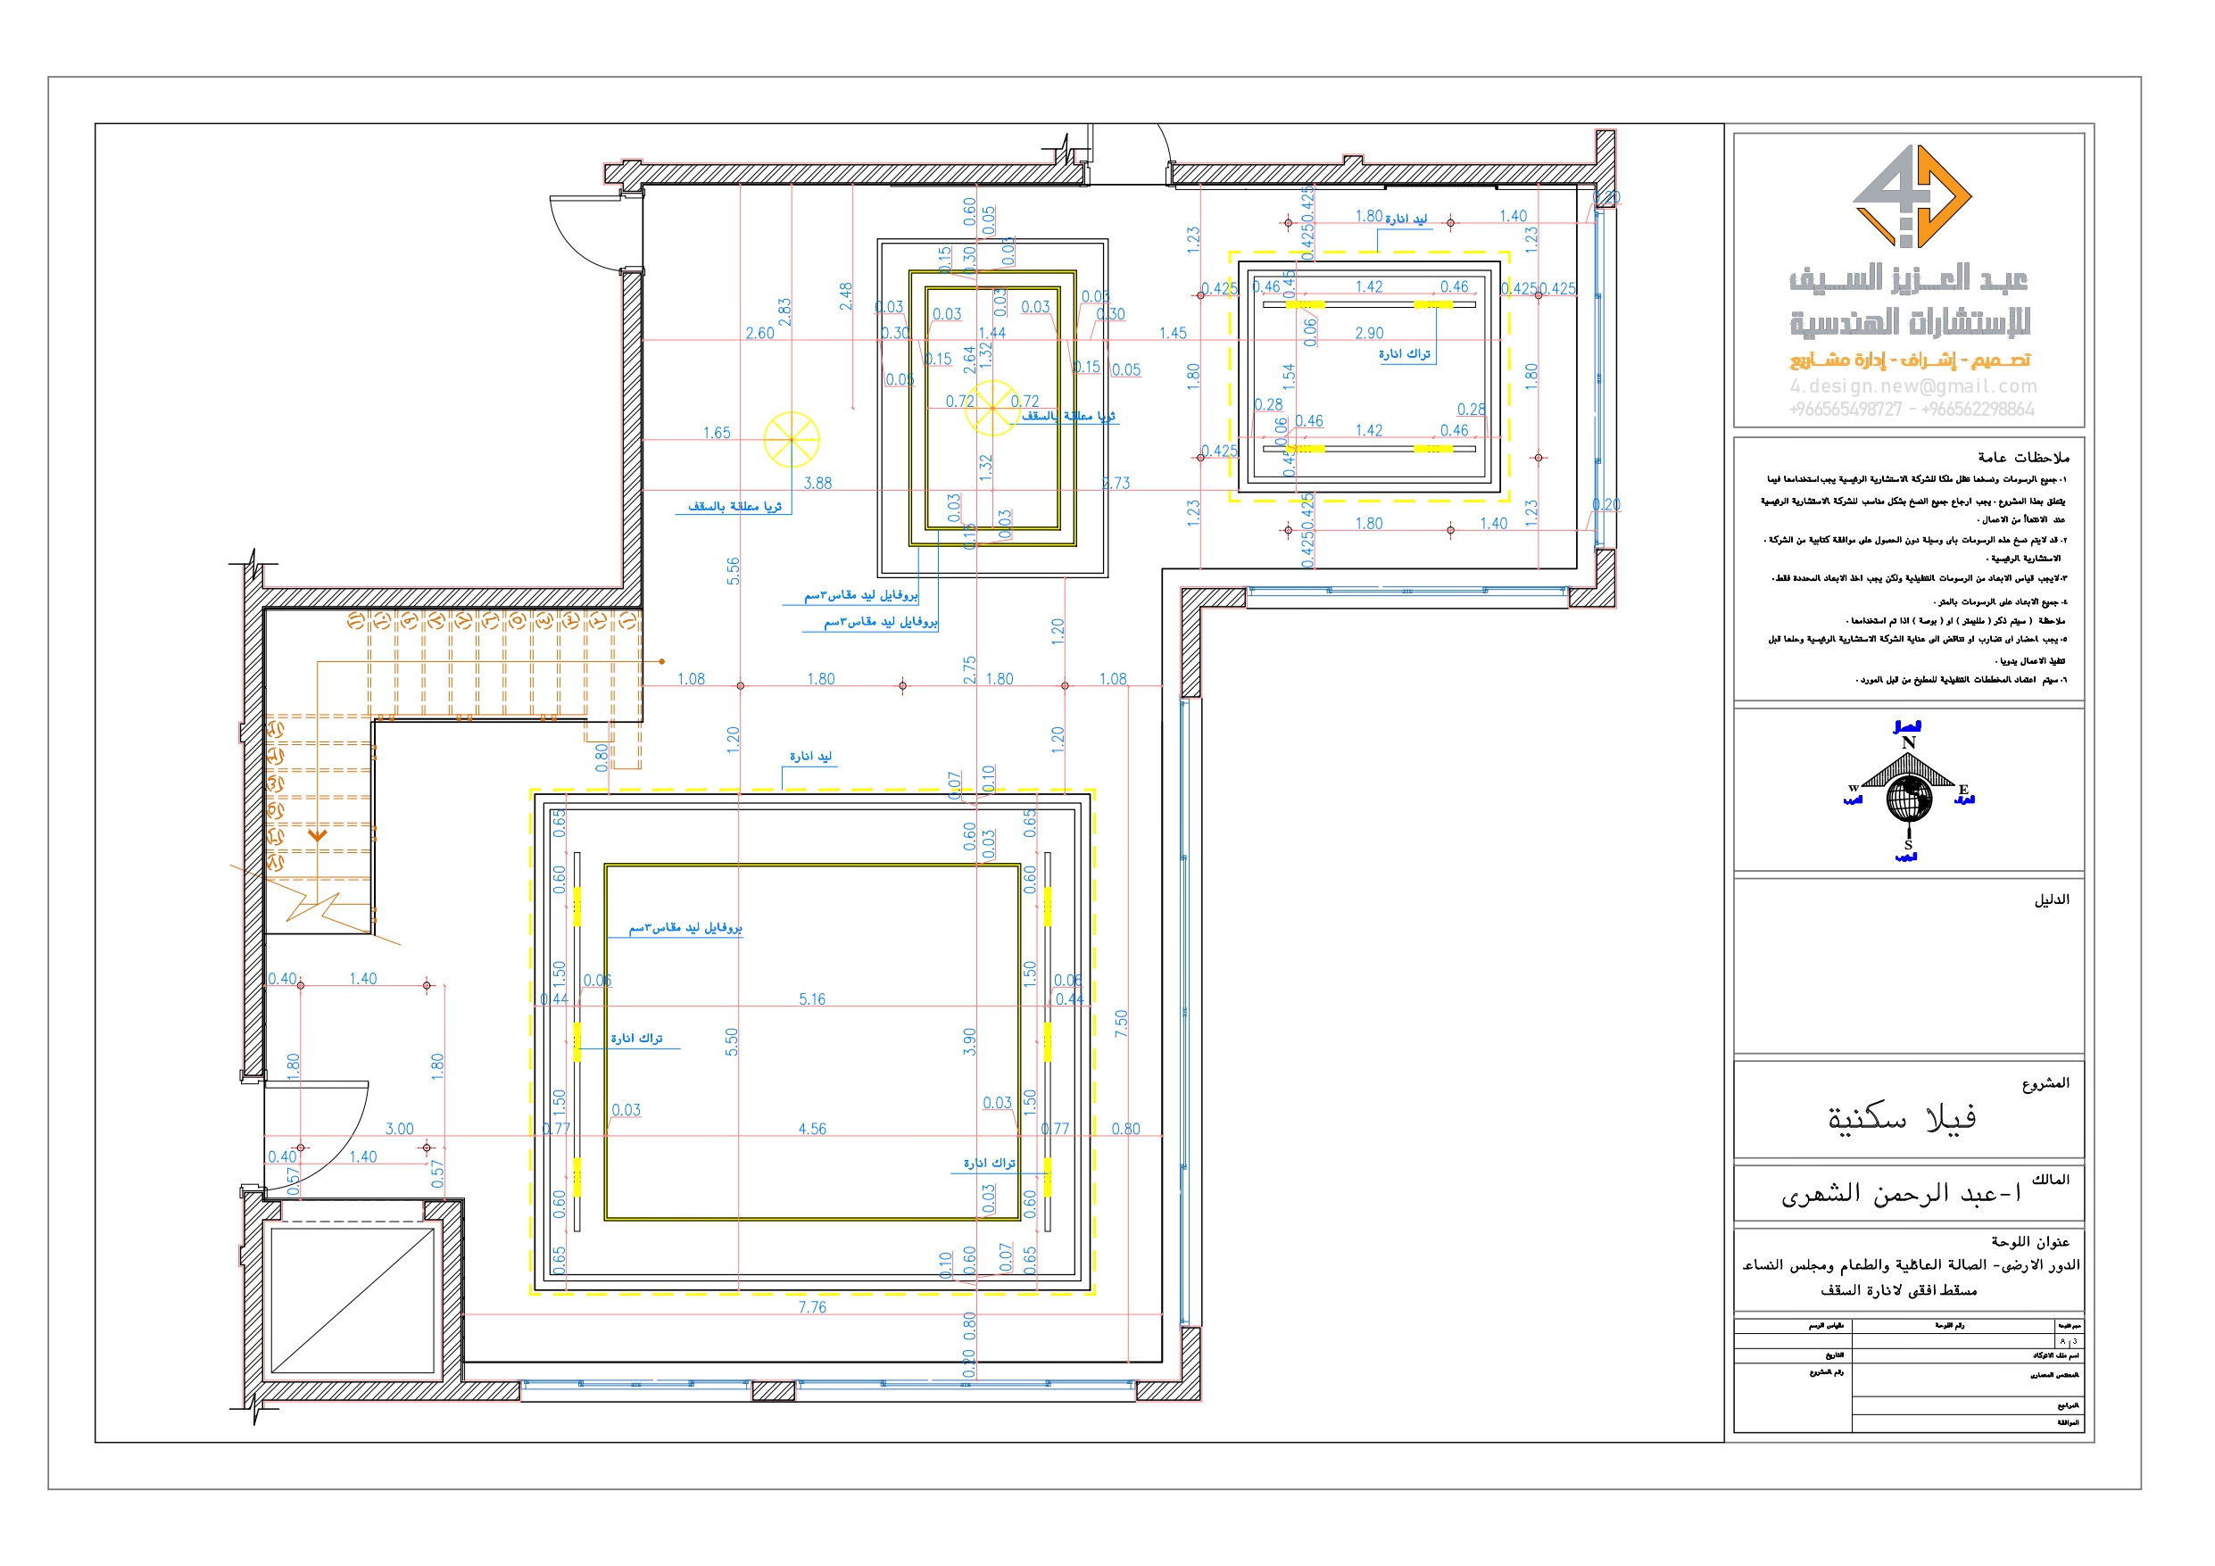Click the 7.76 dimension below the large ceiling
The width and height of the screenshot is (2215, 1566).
click(x=811, y=1307)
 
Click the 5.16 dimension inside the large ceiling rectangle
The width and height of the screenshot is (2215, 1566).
click(x=811, y=998)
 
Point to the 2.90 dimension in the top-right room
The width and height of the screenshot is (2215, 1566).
click(x=1368, y=333)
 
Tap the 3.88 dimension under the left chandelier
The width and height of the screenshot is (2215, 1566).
click(x=817, y=483)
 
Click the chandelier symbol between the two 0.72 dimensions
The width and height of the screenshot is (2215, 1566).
click(x=991, y=407)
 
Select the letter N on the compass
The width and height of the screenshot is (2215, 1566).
click(x=1907, y=742)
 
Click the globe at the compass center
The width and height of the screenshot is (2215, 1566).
click(x=1908, y=799)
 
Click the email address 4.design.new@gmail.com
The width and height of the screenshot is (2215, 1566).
click(x=1913, y=386)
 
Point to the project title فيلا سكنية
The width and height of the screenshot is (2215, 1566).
click(x=1901, y=1118)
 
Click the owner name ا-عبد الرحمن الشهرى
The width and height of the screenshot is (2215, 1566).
click(x=1900, y=1195)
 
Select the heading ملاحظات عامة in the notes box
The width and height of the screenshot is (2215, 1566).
click(x=2022, y=458)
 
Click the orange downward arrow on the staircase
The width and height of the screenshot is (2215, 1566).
click(x=318, y=834)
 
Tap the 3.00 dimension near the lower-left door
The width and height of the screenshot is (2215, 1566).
click(x=400, y=1128)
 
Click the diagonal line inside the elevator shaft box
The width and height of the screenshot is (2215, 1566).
click(x=353, y=1300)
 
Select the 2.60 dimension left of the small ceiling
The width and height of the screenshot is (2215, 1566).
click(x=759, y=333)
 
